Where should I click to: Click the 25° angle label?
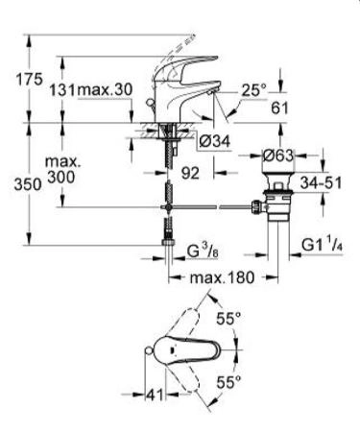(x=253, y=91)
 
